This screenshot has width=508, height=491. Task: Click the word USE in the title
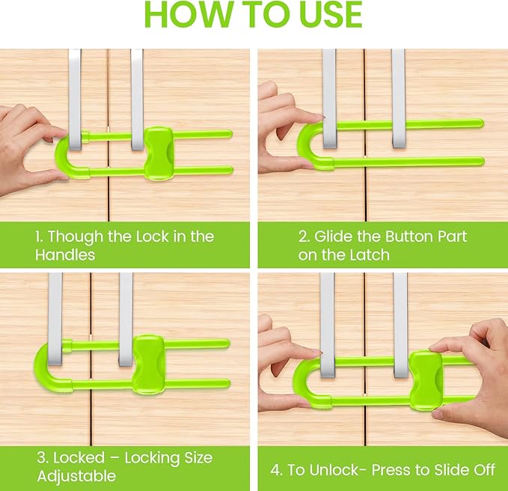328,15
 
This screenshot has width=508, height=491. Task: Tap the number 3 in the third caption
39,457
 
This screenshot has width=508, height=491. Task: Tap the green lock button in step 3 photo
148,363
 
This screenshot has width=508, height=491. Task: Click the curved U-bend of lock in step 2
305,144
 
